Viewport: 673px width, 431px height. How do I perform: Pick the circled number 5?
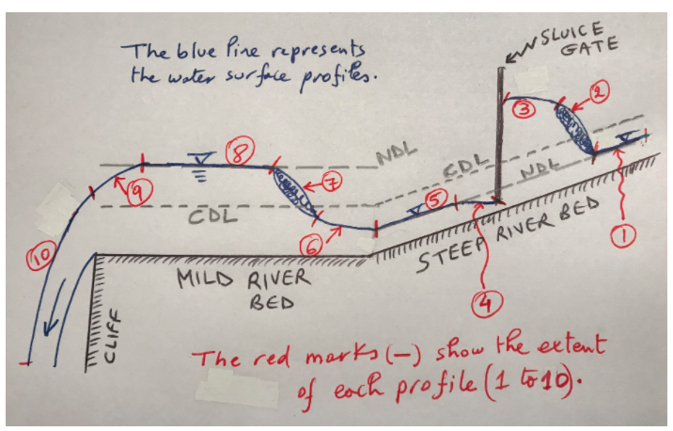[x=433, y=200]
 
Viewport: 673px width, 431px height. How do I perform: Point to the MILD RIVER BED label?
[x=239, y=291]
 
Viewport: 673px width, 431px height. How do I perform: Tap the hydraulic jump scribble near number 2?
[x=574, y=125]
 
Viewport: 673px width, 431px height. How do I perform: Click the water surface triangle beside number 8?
[x=199, y=156]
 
